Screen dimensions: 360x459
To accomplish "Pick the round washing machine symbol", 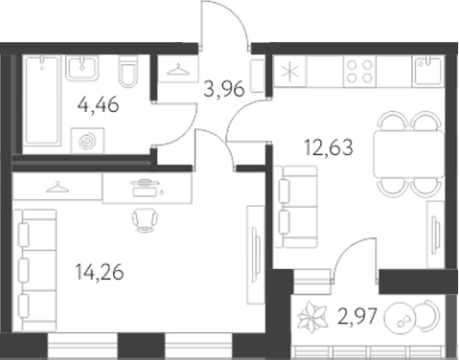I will tap(88, 141).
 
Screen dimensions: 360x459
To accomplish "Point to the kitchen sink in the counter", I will tap(424, 69).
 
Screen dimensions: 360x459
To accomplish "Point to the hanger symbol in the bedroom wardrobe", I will tap(57, 188).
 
